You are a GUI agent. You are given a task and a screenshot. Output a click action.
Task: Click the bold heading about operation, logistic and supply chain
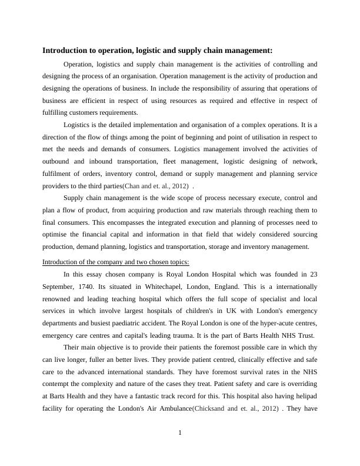click(158, 51)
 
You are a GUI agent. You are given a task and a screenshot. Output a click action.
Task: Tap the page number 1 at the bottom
click(180, 434)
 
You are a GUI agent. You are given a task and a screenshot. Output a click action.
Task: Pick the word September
click(61, 287)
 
